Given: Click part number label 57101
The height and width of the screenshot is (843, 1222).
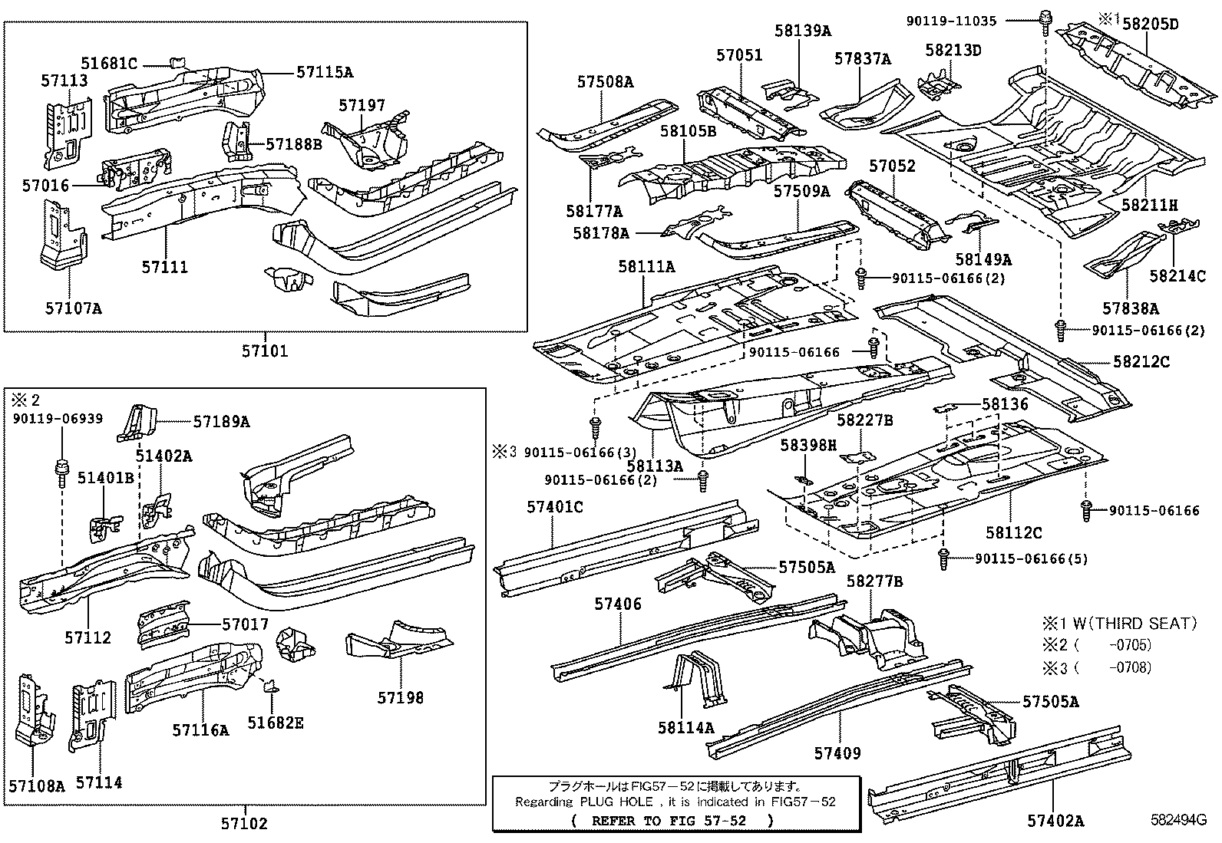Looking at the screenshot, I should (265, 351).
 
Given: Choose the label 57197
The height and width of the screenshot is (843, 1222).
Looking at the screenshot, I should (362, 106).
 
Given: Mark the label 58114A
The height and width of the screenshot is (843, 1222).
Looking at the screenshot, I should (685, 727).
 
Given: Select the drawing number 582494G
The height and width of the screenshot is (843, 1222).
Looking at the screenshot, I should (1173, 820).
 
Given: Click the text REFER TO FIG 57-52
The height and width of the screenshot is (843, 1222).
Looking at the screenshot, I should (673, 820).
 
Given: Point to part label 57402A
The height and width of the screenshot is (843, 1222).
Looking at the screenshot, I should (1055, 822).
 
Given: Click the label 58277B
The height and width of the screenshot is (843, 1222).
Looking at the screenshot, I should (874, 581).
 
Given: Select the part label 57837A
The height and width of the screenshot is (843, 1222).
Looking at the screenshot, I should (863, 59).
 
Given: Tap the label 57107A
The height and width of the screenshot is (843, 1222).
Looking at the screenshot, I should (72, 308).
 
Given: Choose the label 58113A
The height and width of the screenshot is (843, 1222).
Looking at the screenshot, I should (654, 466).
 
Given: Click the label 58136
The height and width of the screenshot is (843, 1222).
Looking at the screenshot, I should (1005, 403).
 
